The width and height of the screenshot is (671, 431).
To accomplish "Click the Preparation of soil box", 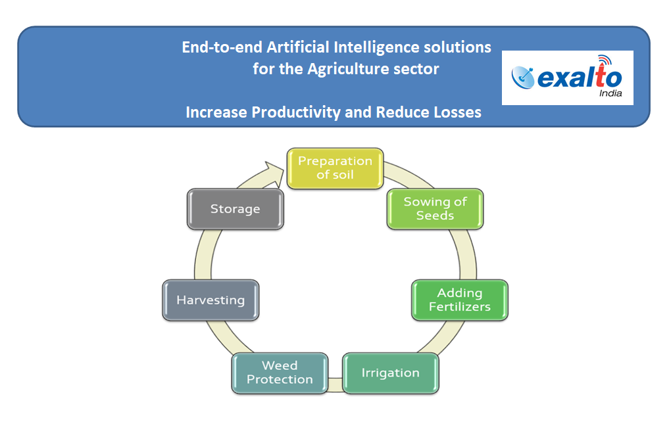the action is (335, 168).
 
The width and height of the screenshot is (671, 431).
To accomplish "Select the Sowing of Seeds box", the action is (435, 209).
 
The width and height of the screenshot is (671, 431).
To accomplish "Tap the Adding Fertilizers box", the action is (460, 300).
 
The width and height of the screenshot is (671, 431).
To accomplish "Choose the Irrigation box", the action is (391, 373).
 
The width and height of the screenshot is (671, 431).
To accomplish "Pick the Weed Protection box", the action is (280, 373).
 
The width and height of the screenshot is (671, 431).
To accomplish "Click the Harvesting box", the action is (211, 300).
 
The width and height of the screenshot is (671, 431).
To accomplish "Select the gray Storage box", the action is (236, 209).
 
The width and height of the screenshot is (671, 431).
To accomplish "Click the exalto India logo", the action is (568, 78).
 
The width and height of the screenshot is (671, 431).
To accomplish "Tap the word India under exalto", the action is (610, 93).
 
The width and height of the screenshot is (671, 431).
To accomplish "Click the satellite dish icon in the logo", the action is (523, 78).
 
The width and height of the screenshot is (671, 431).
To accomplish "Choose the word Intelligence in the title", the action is (376, 48).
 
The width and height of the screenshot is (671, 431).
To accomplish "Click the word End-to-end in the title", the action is (222, 47).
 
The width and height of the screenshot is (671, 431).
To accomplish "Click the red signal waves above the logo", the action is (605, 59).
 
